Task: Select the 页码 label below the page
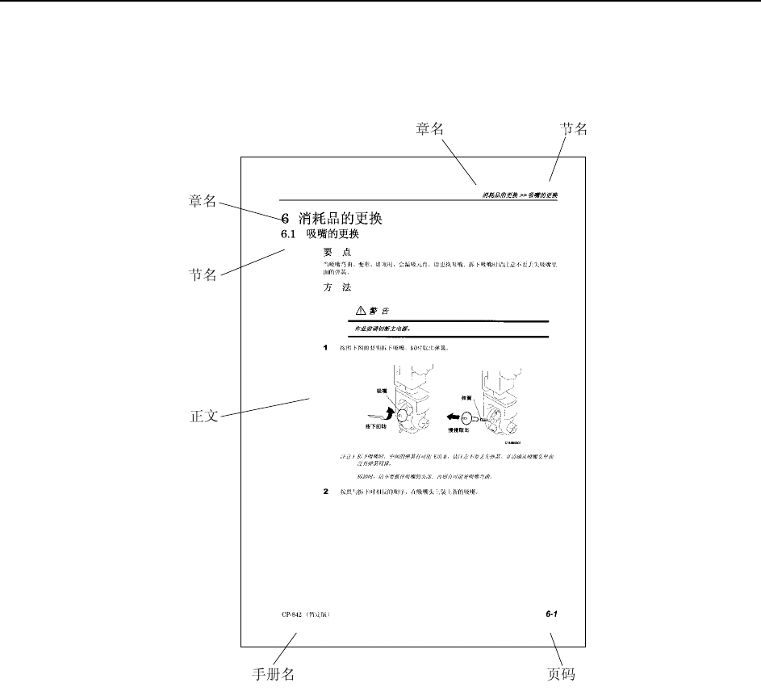tap(561, 674)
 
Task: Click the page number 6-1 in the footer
tap(552, 614)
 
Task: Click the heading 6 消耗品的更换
tap(331, 218)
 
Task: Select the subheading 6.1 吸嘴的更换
tap(320, 235)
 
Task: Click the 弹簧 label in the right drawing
tap(466, 397)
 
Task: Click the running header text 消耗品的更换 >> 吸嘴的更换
tap(520, 195)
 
